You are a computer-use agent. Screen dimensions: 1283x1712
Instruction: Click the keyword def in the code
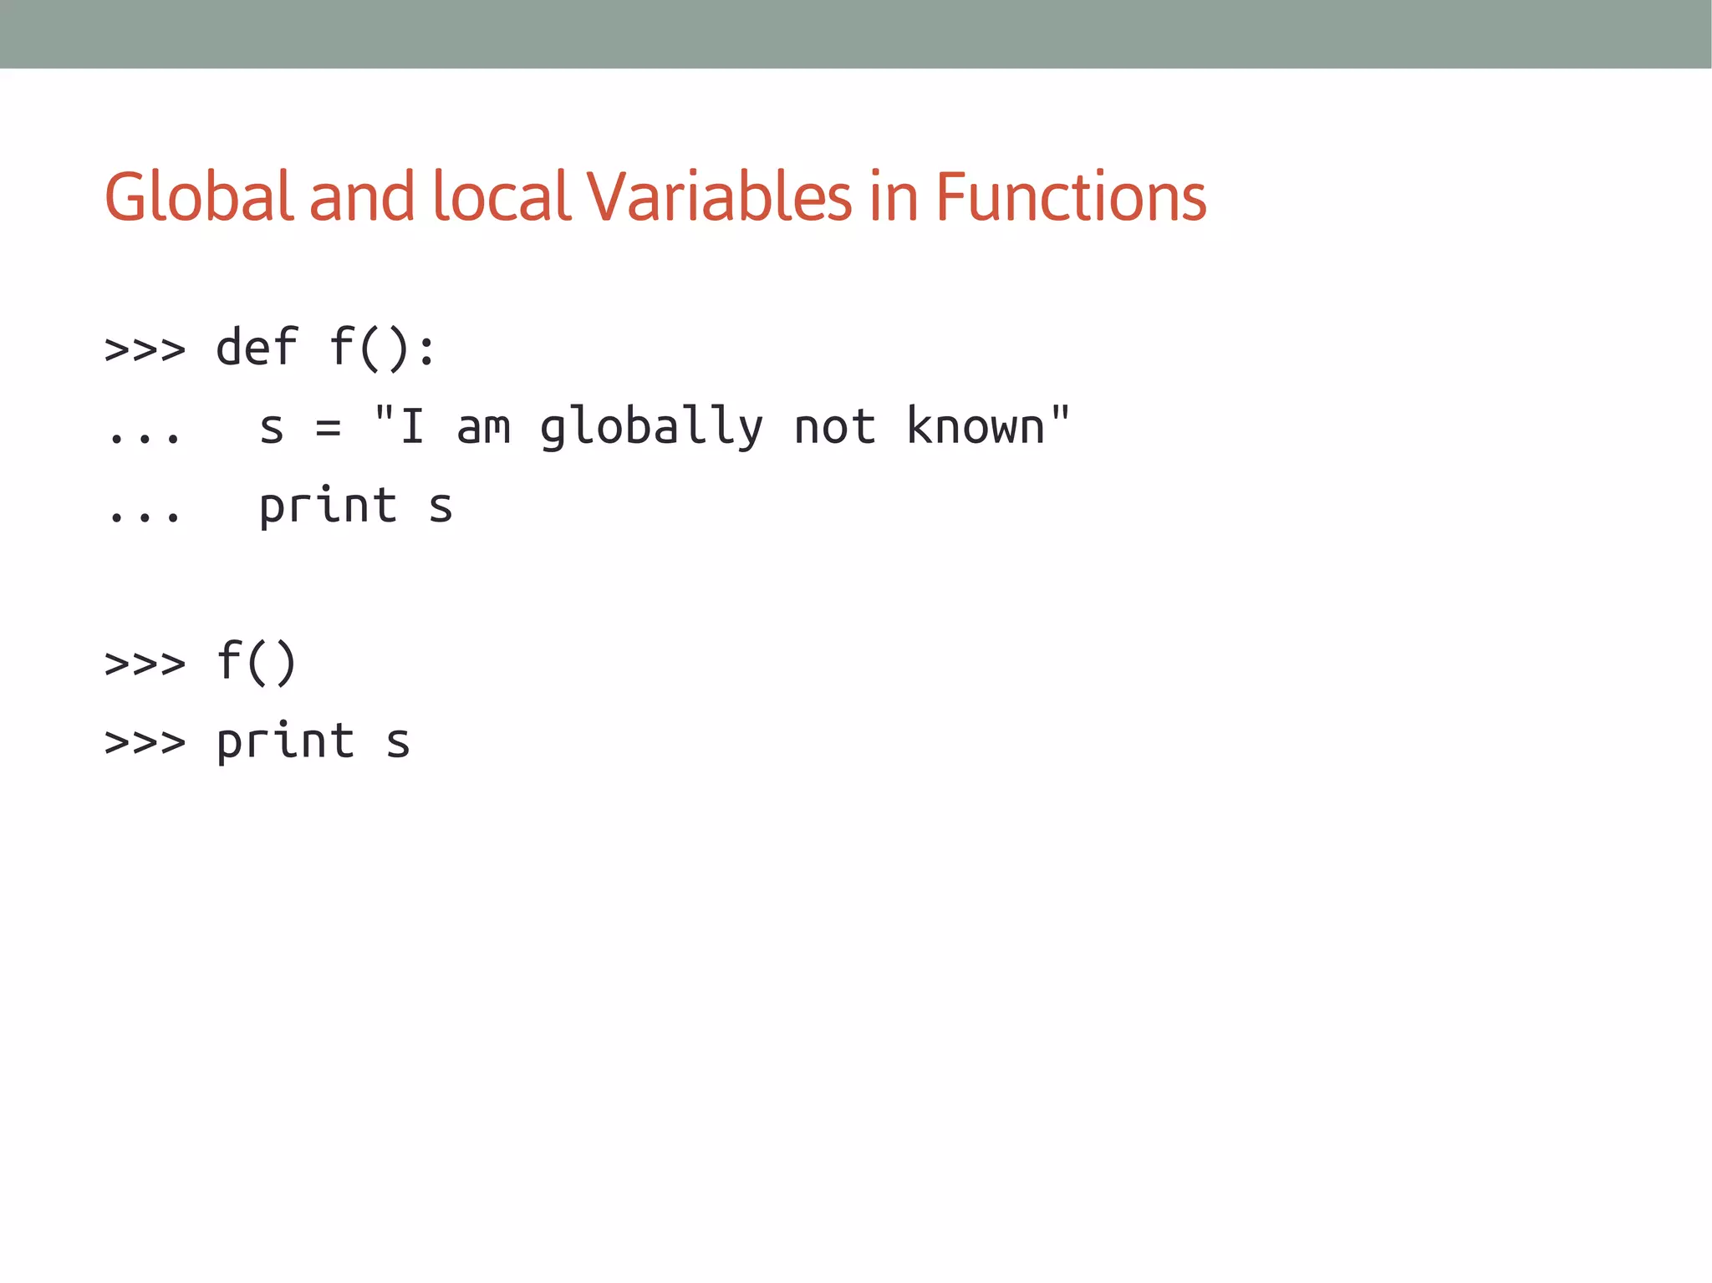257,347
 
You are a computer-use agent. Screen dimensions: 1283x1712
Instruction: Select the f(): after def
382,347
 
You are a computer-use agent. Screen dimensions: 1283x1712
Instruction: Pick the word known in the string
976,426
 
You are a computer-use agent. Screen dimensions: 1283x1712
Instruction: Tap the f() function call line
256,662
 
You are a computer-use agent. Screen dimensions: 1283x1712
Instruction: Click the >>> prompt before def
145,349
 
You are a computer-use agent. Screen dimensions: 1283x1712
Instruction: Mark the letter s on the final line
398,742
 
